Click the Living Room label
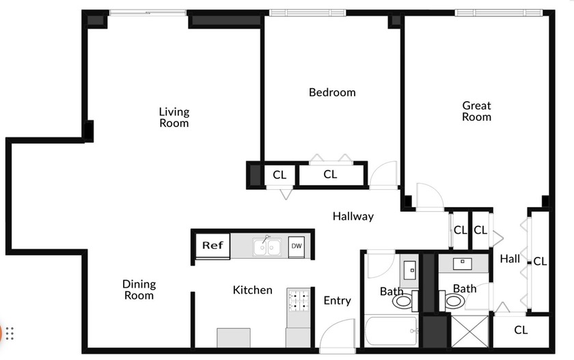(174, 117)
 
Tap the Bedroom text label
(332, 92)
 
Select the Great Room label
(476, 111)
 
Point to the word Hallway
(353, 217)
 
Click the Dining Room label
(139, 290)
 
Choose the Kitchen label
(252, 290)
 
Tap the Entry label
(337, 301)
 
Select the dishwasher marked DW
(296, 246)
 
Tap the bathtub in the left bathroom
(389, 333)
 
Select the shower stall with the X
(470, 333)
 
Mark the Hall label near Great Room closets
(509, 258)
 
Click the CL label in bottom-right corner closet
(521, 330)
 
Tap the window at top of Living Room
(148, 13)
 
